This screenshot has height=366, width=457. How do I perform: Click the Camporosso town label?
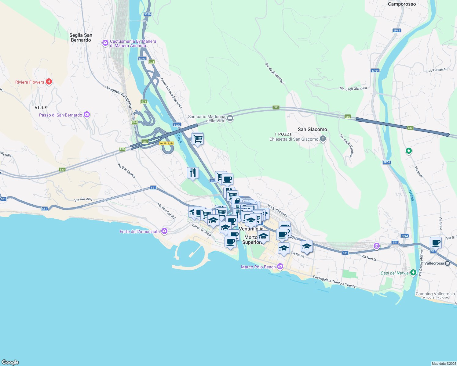click(x=402, y=4)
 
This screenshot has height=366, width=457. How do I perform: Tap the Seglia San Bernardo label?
click(x=81, y=38)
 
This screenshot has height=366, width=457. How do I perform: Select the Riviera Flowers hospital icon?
click(x=49, y=82)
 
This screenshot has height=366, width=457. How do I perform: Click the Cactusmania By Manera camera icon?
click(x=105, y=43)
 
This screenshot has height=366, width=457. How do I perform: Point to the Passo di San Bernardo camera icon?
click(x=87, y=115)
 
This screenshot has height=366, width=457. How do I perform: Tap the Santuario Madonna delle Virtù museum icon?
click(x=230, y=118)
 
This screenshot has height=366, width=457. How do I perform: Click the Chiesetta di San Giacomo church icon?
click(x=323, y=139)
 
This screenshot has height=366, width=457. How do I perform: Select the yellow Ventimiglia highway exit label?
click(x=166, y=143)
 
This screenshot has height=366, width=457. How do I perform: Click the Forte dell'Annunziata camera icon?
click(x=164, y=231)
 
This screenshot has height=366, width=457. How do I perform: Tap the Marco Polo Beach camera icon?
click(x=280, y=267)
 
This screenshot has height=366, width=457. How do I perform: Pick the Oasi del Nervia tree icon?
click(x=413, y=272)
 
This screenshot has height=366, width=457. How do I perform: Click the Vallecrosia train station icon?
click(x=447, y=263)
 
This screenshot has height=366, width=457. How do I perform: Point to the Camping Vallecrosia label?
click(x=435, y=294)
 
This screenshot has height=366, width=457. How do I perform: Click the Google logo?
click(x=10, y=362)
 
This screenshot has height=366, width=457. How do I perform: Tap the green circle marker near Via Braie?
click(x=408, y=151)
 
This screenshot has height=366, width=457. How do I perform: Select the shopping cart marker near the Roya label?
click(x=198, y=139)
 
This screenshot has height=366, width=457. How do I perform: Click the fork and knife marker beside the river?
click(x=193, y=173)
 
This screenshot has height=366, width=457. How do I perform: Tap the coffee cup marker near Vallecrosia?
click(x=436, y=243)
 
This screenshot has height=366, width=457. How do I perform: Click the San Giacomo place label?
click(x=312, y=129)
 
